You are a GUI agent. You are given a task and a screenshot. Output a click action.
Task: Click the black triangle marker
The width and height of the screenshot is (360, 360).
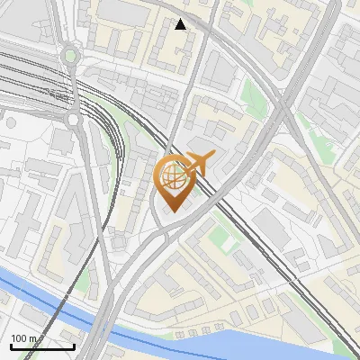181,24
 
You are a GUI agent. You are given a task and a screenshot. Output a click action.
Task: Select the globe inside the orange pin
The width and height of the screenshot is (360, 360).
174,176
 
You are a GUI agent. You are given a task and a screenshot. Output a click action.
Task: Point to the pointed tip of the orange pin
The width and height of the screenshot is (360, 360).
174,212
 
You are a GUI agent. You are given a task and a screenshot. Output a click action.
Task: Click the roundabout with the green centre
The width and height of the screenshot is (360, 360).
69,56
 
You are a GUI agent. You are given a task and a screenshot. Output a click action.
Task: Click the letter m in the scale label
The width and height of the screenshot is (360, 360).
33,338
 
